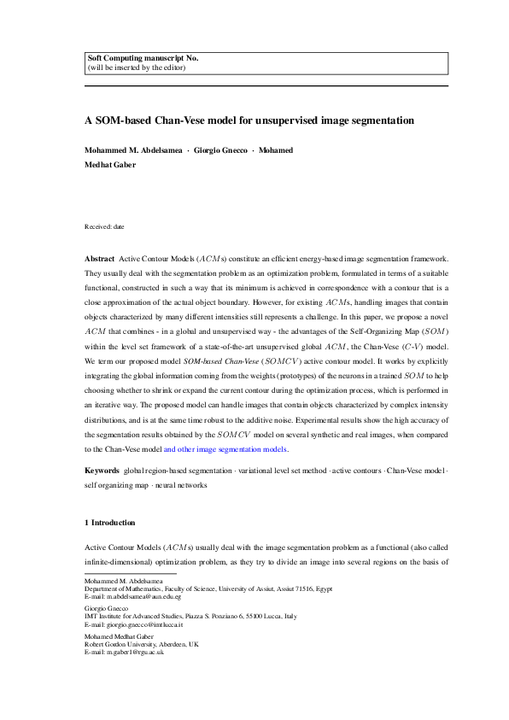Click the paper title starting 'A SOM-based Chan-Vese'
coord(249,121)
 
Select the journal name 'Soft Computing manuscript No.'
coord(143,58)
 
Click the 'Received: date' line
coord(104,226)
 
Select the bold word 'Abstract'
coord(98,258)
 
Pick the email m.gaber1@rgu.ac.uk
coord(117,651)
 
